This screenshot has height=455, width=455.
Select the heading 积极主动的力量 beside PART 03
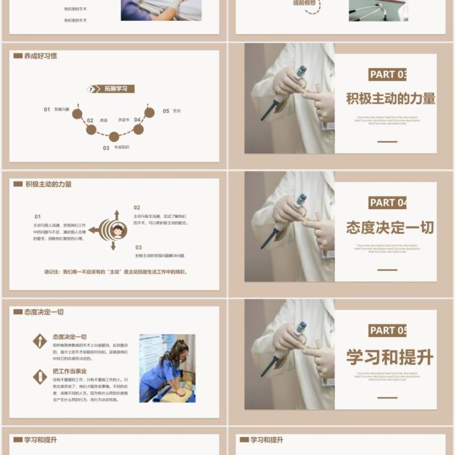391,98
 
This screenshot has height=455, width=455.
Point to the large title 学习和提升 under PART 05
390,357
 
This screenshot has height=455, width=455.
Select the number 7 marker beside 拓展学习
90,89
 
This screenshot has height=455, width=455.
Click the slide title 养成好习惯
40,56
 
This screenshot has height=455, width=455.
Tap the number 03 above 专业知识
106,148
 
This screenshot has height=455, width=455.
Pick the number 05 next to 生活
166,111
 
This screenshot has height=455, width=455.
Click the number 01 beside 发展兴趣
47,109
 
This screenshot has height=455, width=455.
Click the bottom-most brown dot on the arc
114,136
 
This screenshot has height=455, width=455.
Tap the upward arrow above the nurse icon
117,214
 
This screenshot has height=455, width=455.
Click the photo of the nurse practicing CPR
167,368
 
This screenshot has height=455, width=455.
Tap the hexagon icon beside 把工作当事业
40,376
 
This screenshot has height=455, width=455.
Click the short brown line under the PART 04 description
387,270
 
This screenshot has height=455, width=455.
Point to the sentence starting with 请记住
116,271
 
